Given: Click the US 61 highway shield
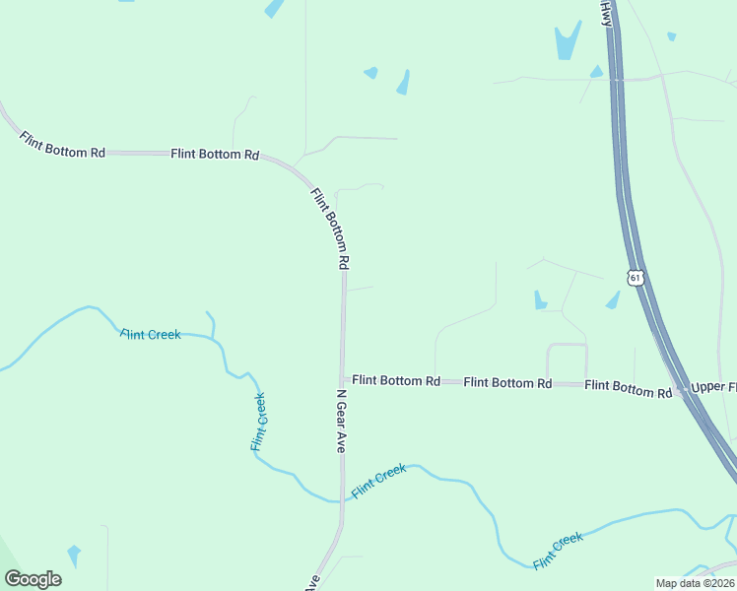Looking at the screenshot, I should click(636, 278).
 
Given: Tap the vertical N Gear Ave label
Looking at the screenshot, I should click(341, 420).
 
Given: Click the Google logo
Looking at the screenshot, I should click(33, 579).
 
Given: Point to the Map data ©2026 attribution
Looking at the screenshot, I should click(696, 583).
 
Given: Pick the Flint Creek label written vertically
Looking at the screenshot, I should click(258, 423).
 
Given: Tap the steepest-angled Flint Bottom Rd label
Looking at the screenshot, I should click(331, 229).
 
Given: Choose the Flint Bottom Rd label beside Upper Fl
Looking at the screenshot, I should click(628, 390).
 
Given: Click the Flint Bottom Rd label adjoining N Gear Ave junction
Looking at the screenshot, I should click(396, 379).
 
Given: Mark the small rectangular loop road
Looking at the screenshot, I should click(567, 362).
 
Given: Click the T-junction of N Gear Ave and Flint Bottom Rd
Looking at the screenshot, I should click(343, 379).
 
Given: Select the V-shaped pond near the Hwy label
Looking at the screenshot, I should click(567, 41).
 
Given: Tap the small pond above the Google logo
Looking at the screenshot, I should click(74, 554).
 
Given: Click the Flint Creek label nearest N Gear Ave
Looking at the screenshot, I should click(379, 481).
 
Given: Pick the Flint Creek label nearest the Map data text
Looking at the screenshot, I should click(558, 550).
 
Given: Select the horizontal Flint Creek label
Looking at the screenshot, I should click(151, 335).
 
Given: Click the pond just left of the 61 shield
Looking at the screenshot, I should click(614, 298).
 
